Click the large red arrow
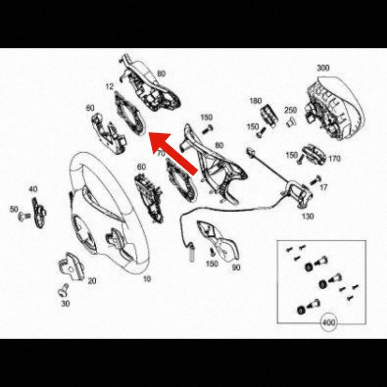pos(173,154)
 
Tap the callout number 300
pos(323,68)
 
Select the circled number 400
pos(329,322)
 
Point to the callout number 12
pos(109,86)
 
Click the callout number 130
pos(308,216)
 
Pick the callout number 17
pos(324,187)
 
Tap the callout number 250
pos(290,110)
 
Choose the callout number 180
pos(255,101)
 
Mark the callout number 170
pos(335,158)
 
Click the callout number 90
pos(236,267)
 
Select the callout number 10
pos(147,279)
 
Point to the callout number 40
pos(33,189)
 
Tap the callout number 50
pos(14,209)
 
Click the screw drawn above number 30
pos(63,291)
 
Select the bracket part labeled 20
pos(72,267)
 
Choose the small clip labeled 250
pos(291,121)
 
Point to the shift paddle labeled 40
pos(39,213)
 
